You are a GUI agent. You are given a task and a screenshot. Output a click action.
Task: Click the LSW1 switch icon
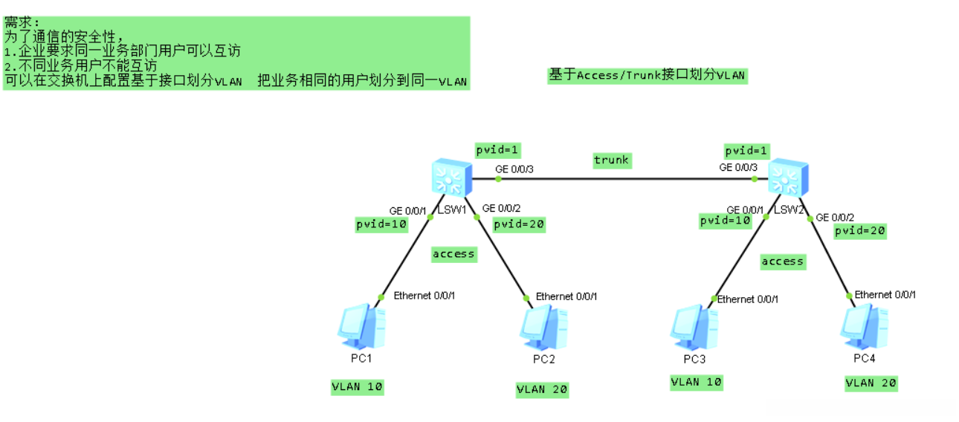pos(450,179)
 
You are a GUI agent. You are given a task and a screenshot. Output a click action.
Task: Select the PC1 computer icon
pos(361,326)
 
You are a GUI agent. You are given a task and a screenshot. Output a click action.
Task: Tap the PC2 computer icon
pos(543,328)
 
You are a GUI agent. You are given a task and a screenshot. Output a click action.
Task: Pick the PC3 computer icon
pos(694,327)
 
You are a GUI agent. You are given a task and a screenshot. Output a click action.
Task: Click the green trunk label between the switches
pos(611,160)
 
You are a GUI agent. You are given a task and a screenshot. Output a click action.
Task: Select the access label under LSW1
pos(453,254)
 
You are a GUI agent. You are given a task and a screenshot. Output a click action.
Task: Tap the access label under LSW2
pos(782,262)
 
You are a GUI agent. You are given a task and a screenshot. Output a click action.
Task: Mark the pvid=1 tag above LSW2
pos(747,151)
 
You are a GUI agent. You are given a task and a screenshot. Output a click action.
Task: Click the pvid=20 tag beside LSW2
pos(859,231)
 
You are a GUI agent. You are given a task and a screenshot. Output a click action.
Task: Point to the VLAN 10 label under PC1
pos(358,386)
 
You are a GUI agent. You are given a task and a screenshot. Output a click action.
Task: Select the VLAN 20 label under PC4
pos(871,383)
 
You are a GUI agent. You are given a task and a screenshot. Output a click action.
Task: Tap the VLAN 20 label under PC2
pos(542,389)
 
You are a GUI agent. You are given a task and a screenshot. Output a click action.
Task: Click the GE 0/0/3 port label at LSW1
pos(514,169)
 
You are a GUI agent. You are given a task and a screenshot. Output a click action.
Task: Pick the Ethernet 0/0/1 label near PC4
pos(885,295)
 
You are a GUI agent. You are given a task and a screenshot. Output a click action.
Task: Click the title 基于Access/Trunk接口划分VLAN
pos(646,75)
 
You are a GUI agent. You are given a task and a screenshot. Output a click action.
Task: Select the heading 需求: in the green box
pos(23,22)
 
